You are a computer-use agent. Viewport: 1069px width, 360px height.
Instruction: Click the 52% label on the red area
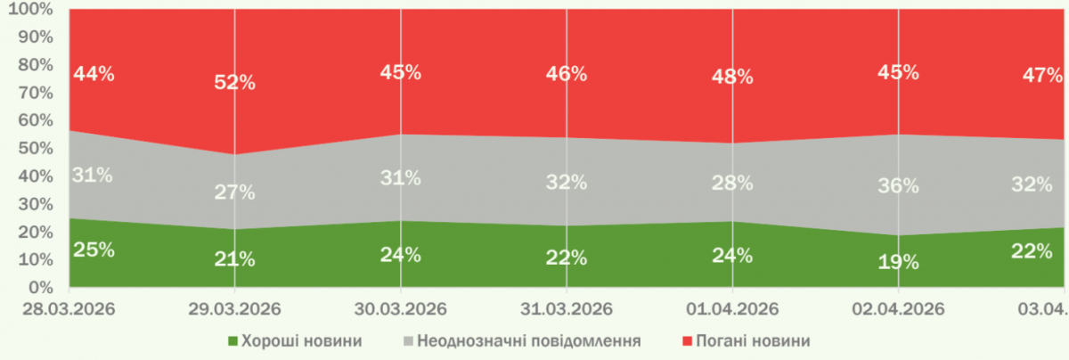(x=234, y=83)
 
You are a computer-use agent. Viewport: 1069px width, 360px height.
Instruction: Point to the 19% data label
(x=898, y=262)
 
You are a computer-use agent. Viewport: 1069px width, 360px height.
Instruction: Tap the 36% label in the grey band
(x=898, y=186)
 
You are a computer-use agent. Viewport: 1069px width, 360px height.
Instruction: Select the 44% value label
(x=94, y=74)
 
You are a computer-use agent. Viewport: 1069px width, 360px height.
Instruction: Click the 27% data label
(x=234, y=192)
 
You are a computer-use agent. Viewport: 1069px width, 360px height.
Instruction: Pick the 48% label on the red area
(x=732, y=77)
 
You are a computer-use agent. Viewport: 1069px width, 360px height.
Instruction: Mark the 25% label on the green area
(x=94, y=250)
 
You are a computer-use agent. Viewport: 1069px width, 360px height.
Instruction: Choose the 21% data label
(x=234, y=259)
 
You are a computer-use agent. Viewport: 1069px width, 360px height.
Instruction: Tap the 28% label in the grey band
(x=732, y=184)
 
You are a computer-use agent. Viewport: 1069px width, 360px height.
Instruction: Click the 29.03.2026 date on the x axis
(x=234, y=309)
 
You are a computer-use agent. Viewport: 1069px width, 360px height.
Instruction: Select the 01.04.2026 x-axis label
(x=732, y=309)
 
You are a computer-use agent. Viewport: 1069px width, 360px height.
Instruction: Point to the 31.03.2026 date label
(x=567, y=309)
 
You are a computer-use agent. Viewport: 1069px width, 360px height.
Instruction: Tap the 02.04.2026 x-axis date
(x=898, y=309)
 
